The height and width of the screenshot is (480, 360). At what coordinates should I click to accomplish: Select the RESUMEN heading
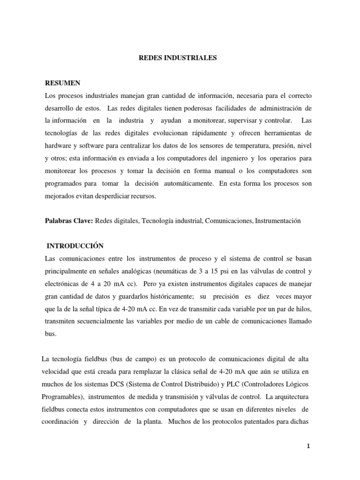click(x=63, y=83)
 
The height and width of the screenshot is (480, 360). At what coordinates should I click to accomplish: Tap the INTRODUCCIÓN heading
click(x=75, y=246)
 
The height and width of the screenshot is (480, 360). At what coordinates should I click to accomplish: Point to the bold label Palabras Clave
click(x=68, y=221)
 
